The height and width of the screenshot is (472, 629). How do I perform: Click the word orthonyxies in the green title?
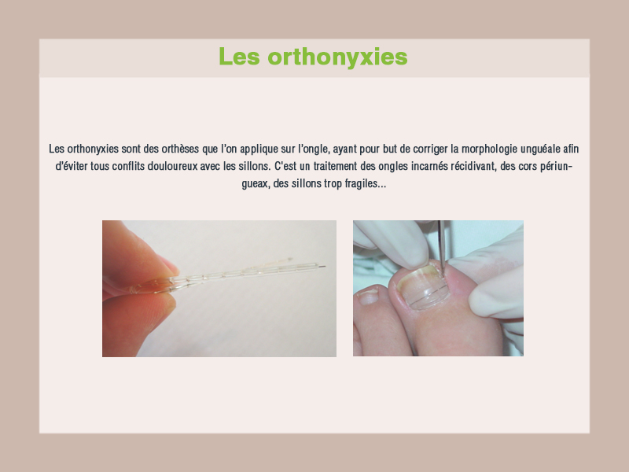point(337,57)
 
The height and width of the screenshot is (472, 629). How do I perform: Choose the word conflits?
point(128,166)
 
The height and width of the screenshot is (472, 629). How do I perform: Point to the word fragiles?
point(365,184)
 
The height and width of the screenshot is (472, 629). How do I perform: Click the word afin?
point(571,149)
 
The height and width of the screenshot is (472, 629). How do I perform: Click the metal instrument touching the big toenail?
point(441,245)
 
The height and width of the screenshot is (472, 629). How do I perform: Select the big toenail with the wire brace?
point(423,287)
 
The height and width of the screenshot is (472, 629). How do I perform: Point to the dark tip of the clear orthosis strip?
point(322,266)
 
